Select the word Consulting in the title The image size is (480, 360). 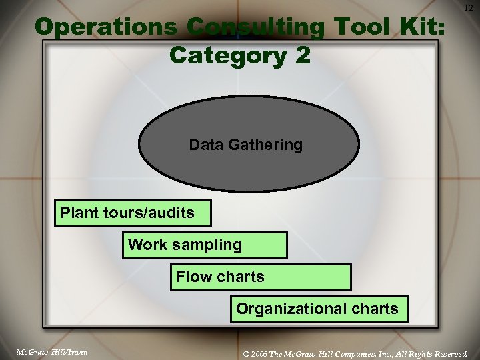coord(256,27)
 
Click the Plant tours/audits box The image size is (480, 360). coord(133,213)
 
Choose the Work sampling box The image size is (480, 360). coord(205,245)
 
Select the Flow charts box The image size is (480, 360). coord(261,277)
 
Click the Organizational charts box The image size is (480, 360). coord(319,309)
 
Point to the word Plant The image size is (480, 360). coord(79,213)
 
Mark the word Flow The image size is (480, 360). coord(194,277)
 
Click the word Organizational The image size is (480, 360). coord(292,309)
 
